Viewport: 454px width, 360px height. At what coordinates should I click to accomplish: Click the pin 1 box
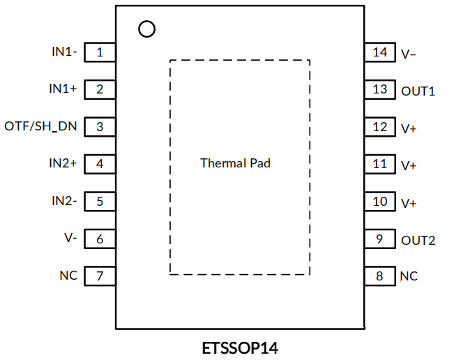(100, 52)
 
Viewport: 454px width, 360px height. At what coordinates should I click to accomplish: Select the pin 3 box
(100, 126)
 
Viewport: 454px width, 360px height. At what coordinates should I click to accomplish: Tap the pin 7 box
(100, 276)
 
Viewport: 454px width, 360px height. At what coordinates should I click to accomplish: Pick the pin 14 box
(380, 52)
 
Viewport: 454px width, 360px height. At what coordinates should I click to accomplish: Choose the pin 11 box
(380, 165)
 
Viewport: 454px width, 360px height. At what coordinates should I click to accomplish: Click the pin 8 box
(380, 276)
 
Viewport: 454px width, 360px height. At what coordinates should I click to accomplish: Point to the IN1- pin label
(64, 52)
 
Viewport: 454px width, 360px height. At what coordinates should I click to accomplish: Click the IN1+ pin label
(63, 89)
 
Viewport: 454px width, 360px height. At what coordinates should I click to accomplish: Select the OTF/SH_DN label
(41, 126)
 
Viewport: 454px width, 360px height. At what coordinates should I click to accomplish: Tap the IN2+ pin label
(63, 163)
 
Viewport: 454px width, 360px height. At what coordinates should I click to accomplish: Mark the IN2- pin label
(64, 201)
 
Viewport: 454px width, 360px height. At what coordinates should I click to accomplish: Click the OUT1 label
(418, 91)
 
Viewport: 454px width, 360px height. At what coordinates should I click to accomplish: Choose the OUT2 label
(418, 241)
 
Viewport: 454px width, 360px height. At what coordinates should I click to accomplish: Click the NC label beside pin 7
(68, 276)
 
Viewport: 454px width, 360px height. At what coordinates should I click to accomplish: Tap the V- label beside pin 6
(70, 239)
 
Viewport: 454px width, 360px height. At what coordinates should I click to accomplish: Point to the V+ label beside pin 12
(409, 128)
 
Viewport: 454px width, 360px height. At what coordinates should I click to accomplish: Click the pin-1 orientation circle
(147, 29)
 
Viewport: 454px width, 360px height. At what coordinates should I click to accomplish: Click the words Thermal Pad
(235, 163)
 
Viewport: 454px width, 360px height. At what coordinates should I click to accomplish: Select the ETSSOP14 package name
(241, 347)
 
